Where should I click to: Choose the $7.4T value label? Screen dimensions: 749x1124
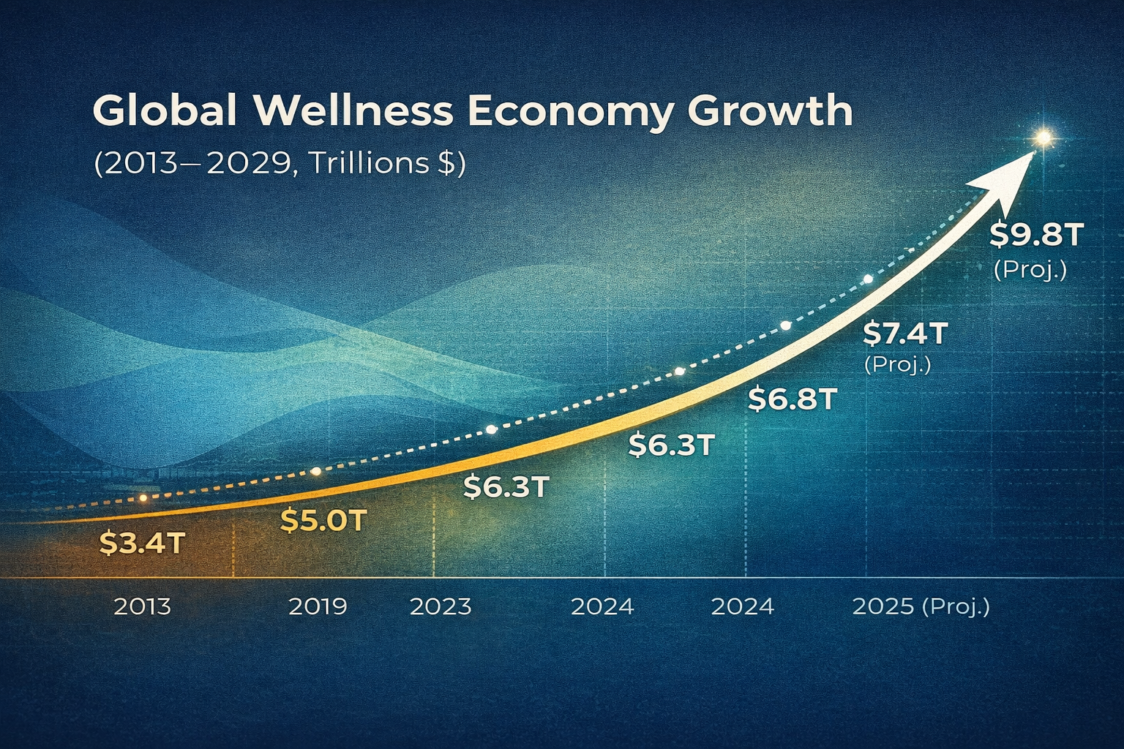tap(905, 334)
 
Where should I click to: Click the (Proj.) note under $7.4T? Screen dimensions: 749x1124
tap(898, 364)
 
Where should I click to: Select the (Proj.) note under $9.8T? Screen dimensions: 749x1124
tap(1030, 270)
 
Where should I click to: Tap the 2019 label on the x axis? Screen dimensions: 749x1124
tap(318, 606)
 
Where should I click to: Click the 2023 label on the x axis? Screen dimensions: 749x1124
tap(441, 607)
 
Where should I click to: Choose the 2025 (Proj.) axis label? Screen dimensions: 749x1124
tap(921, 606)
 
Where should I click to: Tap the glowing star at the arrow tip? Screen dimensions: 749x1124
tap(1043, 137)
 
